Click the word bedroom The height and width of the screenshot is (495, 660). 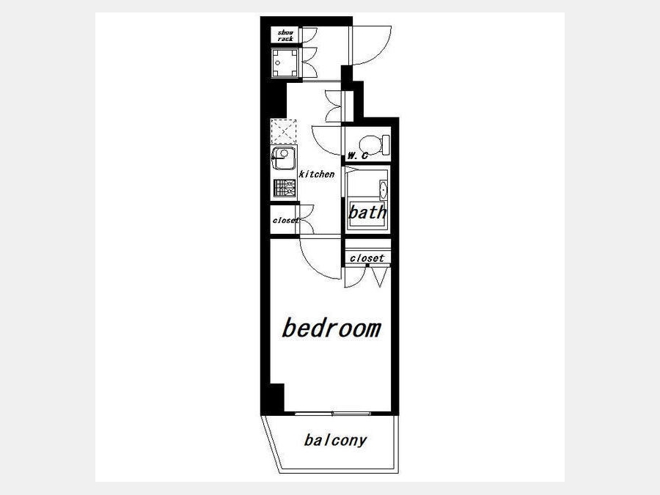(331, 329)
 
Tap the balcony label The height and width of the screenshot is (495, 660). (335, 441)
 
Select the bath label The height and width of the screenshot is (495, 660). (367, 212)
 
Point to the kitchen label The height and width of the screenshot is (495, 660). (317, 174)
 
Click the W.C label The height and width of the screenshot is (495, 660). (357, 155)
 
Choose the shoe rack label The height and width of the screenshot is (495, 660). (285, 35)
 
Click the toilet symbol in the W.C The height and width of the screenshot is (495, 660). (375, 144)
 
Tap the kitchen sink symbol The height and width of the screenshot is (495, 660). (284, 158)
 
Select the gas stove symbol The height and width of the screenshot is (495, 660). (285, 188)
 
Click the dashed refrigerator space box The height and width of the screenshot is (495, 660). (283, 131)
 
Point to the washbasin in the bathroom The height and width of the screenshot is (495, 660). (383, 190)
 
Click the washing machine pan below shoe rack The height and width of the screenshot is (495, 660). (285, 63)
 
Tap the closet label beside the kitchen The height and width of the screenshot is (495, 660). (285, 220)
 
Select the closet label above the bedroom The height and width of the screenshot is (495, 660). (367, 257)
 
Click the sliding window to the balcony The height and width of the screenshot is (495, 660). (332, 414)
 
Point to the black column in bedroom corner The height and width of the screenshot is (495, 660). (277, 397)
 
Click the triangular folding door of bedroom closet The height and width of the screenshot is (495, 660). (380, 277)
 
